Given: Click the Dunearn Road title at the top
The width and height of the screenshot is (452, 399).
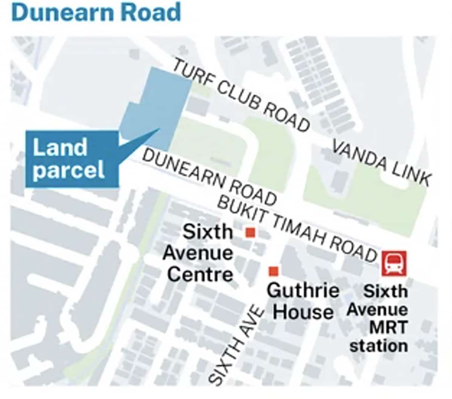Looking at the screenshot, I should click(x=96, y=12).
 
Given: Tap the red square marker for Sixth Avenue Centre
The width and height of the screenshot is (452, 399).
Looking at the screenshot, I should click(x=250, y=232).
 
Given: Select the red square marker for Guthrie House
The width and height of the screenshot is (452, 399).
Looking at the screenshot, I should click(x=273, y=271).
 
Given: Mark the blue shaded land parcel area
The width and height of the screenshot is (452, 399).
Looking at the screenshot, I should click(x=158, y=109).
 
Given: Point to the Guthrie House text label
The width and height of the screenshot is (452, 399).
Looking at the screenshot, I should click(x=303, y=301).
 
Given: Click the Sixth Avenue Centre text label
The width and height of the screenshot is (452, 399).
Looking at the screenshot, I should click(x=199, y=253).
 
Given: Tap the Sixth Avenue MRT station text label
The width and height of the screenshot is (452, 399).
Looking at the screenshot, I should click(x=378, y=318).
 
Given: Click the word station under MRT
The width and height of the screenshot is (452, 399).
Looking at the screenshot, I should click(x=379, y=346).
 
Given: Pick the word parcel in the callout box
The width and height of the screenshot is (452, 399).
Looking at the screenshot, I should click(x=69, y=171).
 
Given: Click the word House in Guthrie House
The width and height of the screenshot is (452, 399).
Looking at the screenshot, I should click(x=303, y=312).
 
